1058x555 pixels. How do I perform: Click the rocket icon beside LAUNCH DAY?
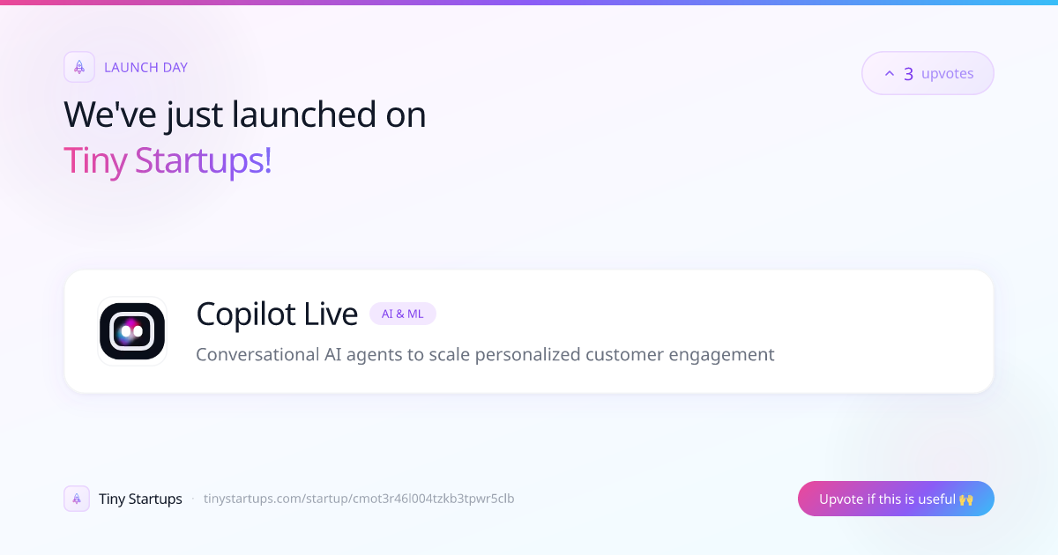coord(79,67)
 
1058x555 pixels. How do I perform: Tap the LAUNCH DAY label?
coord(145,68)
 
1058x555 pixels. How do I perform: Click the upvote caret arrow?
coord(890,73)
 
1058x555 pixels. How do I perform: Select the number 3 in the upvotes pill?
coord(908,74)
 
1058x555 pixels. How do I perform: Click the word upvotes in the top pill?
coord(948,74)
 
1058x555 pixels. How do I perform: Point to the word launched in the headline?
coord(303,115)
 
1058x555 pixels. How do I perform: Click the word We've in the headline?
coord(110,115)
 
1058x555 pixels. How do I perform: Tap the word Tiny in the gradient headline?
coord(95,161)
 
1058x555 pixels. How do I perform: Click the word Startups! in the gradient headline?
coord(203,161)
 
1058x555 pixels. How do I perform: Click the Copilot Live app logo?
coord(132,331)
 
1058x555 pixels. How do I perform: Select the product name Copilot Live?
coord(277,314)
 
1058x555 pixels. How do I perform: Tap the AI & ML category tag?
coord(402,314)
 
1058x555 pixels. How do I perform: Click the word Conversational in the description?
coord(257,354)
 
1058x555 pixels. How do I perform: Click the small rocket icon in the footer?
coord(77,499)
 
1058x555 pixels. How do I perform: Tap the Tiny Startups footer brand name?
coord(140,499)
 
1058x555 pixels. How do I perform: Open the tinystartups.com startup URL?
coord(359,499)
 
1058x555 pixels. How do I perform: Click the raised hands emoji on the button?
coord(966,499)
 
